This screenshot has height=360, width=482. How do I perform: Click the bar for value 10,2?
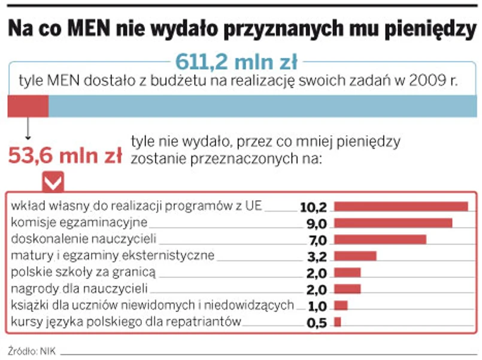400,207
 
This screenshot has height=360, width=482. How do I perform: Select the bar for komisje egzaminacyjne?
392,223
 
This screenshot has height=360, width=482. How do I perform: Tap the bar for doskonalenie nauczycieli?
380,240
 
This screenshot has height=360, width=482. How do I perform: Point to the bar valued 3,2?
354,256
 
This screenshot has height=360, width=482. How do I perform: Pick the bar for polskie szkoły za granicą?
347,273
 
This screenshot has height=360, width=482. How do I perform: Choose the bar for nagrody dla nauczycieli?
347,289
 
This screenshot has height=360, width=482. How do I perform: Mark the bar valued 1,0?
340,305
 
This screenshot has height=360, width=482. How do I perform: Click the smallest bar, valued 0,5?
337,322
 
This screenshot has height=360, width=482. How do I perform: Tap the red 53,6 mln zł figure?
65,156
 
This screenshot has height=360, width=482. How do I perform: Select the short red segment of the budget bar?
28,106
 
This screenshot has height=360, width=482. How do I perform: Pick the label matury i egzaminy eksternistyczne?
113,256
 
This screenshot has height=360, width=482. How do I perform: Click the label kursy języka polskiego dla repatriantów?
126,322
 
